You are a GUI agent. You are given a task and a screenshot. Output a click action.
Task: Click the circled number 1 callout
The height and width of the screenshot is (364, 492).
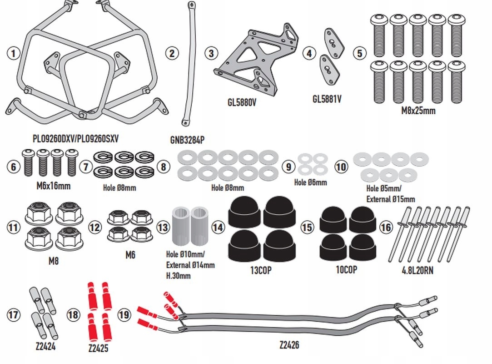pyautogui.click(x=14, y=53)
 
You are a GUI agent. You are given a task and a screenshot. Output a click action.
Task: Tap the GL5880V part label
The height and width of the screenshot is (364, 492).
pyautogui.click(x=242, y=102)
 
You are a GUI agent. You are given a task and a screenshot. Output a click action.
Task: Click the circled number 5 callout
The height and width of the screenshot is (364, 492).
pyautogui.click(x=360, y=53)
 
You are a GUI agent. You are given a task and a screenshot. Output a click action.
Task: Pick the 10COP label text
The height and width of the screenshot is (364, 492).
pyautogui.click(x=346, y=269)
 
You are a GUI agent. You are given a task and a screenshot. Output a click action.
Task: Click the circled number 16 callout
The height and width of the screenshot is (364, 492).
pyautogui.click(x=386, y=227)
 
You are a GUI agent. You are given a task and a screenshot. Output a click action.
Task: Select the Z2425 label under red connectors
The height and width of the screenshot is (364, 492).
pyautogui.click(x=99, y=349)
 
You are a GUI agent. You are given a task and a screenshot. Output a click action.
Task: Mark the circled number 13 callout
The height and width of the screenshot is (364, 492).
pyautogui.click(x=163, y=226)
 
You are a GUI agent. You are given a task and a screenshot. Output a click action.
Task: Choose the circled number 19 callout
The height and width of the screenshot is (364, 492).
pyautogui.click(x=124, y=313)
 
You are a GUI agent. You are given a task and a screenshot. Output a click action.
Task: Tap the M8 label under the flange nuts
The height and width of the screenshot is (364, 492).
pyautogui.click(x=54, y=261)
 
